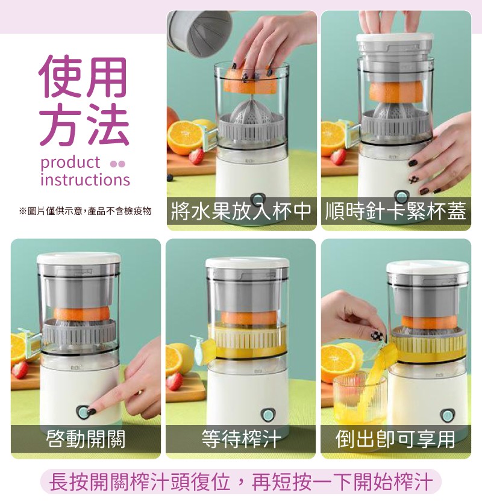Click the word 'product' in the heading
pyautogui.click(x=70, y=163)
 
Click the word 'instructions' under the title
pyautogui.click(x=85, y=179)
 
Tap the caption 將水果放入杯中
pyautogui.click(x=242, y=211)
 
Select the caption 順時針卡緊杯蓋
pyautogui.click(x=396, y=211)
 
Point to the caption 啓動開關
pyautogui.click(x=86, y=438)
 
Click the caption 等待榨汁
pyautogui.click(x=241, y=438)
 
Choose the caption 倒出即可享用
pyautogui.click(x=395, y=438)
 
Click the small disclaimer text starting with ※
pyautogui.click(x=85, y=211)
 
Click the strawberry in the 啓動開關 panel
pyautogui.click(x=20, y=370)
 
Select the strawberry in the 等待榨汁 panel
pyautogui.click(x=175, y=381)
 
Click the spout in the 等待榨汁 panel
pyautogui.click(x=201, y=346)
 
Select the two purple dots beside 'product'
pyautogui.click(x=117, y=164)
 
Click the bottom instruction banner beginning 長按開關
pyautogui.click(x=241, y=482)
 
